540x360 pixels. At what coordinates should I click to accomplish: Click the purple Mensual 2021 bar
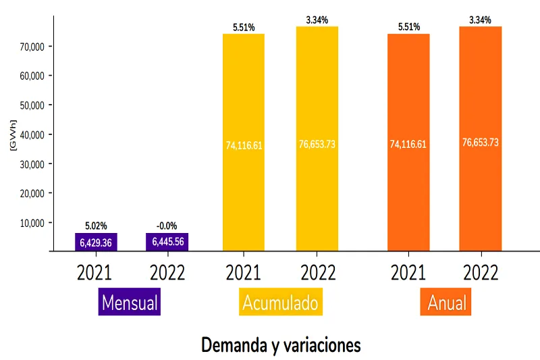coord(96,242)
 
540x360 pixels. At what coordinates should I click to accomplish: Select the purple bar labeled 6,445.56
coord(167,242)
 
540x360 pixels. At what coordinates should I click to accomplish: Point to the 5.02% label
coord(96,226)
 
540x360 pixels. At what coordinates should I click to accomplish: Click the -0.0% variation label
coord(167,226)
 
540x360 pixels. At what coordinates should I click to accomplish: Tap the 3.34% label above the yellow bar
coord(317,20)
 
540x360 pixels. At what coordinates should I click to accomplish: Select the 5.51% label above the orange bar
coord(408,27)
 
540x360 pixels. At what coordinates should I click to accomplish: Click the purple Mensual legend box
coord(129,303)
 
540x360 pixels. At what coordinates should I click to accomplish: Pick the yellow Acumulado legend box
coord(280,303)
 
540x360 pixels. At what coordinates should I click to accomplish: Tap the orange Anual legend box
coord(445,303)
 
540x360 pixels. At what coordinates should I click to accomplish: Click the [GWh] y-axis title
coord(13,134)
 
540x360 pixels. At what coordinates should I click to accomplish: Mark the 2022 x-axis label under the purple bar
coord(167,273)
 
